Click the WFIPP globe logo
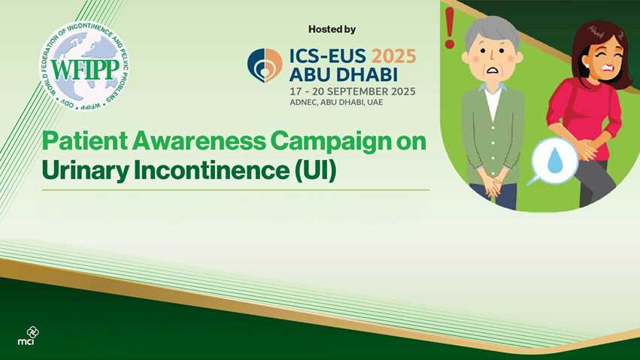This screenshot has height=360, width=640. coord(83,66)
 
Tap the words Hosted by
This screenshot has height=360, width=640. coord(332,29)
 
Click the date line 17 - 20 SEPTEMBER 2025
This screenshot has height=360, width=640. coord(352,92)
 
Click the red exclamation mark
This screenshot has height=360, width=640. coord(450,28)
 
